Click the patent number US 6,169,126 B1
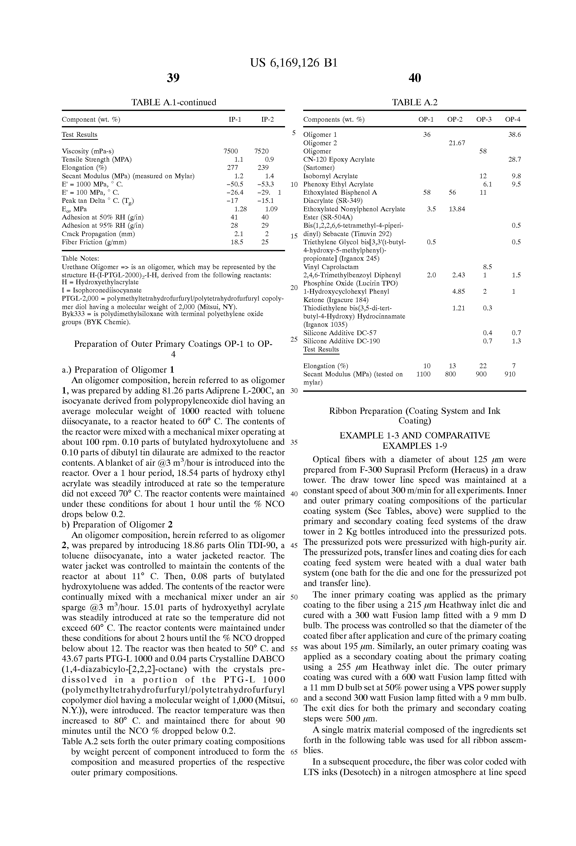(x=294, y=63)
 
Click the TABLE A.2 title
(x=415, y=102)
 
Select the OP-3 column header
(x=484, y=119)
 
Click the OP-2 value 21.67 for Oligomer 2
(x=457, y=143)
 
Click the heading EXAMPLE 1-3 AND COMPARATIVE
(x=415, y=435)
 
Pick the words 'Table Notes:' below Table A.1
(x=80, y=258)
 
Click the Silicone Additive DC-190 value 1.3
(x=516, y=341)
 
